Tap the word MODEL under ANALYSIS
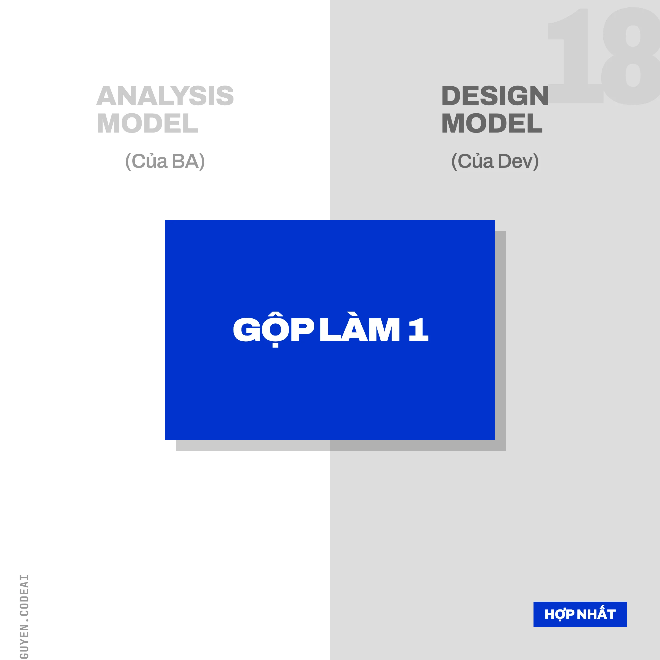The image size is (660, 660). click(148, 123)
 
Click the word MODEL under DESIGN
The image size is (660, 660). click(492, 123)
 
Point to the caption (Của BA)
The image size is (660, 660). click(165, 161)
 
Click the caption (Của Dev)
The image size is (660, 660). click(495, 161)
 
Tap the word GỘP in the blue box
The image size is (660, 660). click(273, 330)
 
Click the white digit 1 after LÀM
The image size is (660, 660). click(419, 330)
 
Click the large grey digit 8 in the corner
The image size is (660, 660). click(632, 56)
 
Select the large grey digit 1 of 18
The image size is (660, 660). click(577, 56)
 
